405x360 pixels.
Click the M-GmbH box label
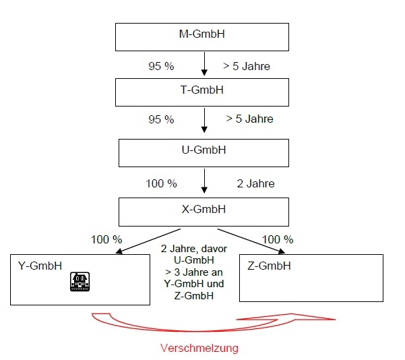point(202,33)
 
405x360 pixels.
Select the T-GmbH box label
point(203,90)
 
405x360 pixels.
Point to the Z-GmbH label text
point(269,266)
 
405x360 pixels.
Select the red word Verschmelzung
point(199,349)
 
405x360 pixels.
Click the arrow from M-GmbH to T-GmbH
point(203,65)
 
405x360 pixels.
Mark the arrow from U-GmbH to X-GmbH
point(203,181)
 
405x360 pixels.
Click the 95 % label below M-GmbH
point(161,67)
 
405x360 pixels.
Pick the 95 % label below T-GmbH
point(161,119)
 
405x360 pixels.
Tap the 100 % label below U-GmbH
point(161,183)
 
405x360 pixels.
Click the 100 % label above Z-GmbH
point(277,239)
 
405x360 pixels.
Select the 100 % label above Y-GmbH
point(106,239)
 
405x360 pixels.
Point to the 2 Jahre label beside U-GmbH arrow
point(255,183)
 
